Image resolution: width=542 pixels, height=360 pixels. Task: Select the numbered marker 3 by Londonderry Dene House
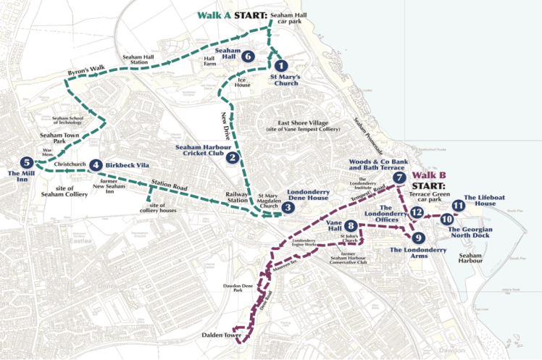[288, 208]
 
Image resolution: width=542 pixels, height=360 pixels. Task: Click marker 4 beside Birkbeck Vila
[96, 165]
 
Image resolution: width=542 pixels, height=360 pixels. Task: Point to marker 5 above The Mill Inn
[27, 162]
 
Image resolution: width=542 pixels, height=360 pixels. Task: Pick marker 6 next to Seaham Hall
[248, 56]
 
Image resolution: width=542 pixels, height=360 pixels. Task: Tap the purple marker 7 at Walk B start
[399, 177]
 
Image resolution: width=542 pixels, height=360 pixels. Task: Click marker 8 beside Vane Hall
[351, 226]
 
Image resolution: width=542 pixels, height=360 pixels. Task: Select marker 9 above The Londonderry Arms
[417, 237]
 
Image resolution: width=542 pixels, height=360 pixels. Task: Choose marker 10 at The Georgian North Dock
[446, 219]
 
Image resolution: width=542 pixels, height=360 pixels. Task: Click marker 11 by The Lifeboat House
[457, 206]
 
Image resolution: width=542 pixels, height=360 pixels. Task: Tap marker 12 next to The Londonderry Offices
[416, 212]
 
